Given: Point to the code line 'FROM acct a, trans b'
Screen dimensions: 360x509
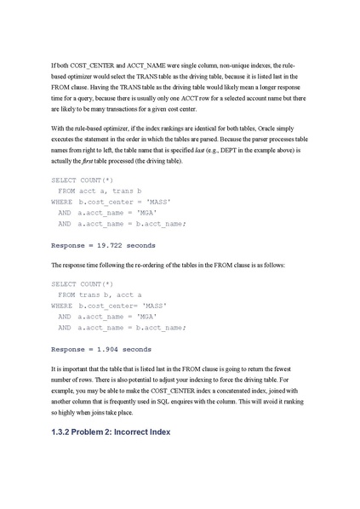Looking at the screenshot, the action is tap(92, 192).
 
